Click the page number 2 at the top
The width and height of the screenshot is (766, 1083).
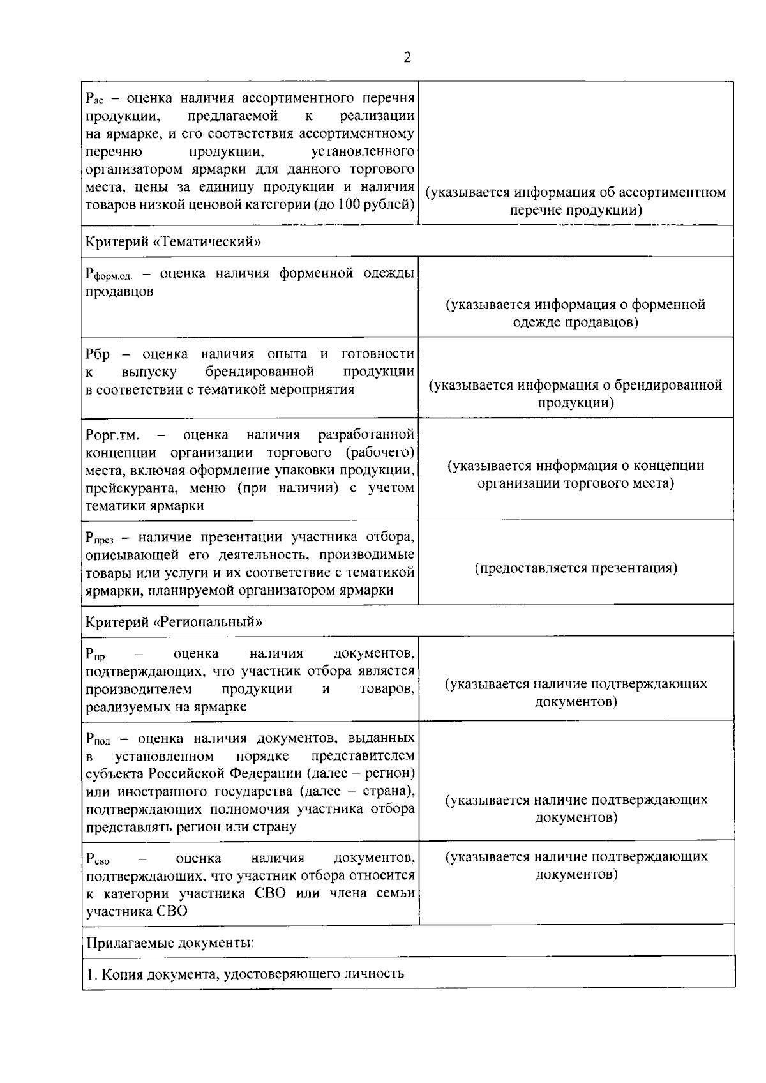(x=407, y=57)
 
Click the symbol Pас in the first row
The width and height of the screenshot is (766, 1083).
(x=94, y=100)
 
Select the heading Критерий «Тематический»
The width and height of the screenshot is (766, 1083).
(x=173, y=242)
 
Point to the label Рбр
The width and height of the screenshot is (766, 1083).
(x=98, y=354)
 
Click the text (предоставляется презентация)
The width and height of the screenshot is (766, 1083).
(x=576, y=568)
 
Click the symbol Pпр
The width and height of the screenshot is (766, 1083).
(x=95, y=655)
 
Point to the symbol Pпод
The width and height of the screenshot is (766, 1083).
(x=98, y=739)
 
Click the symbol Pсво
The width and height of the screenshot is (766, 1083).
(x=98, y=860)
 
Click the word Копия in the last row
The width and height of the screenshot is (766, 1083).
(x=122, y=974)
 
